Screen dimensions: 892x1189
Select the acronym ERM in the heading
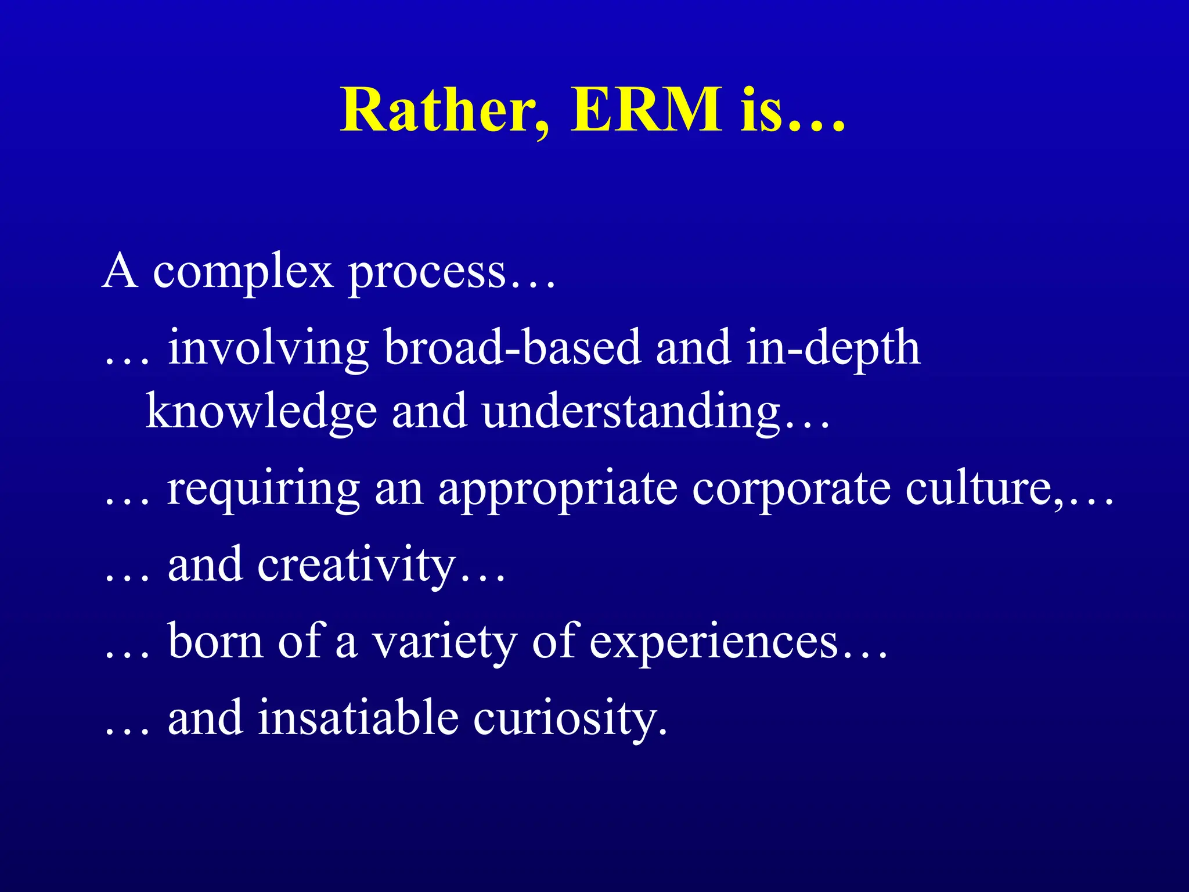point(646,110)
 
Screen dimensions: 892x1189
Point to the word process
point(427,273)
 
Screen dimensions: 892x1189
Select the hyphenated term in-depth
point(833,348)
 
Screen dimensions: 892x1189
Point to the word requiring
point(264,489)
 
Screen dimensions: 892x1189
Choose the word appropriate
point(557,489)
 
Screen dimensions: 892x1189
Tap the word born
point(215,641)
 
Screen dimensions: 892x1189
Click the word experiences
point(714,642)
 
